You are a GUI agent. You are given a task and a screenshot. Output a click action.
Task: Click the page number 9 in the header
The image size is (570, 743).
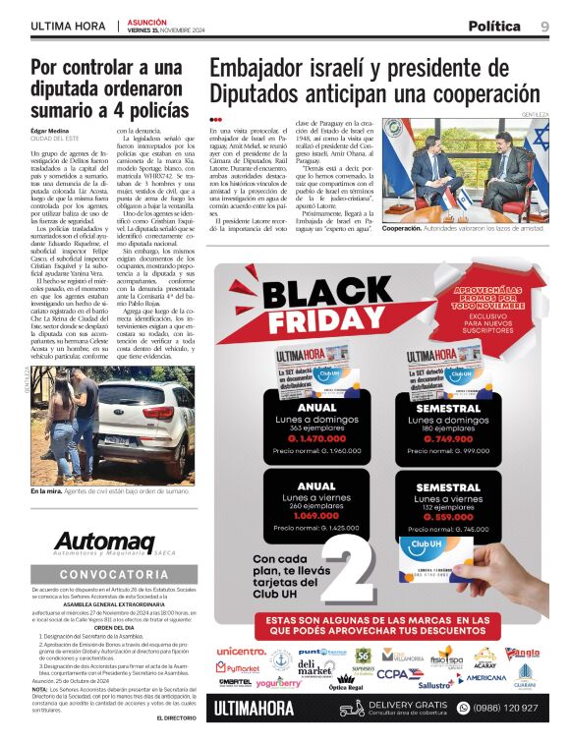pos(543,26)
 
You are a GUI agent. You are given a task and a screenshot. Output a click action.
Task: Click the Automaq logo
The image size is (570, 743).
pos(102,542)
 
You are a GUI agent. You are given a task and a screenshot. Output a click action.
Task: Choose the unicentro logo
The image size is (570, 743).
pos(241,651)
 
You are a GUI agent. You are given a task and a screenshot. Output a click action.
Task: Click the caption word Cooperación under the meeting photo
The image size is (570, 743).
pos(408,228)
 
